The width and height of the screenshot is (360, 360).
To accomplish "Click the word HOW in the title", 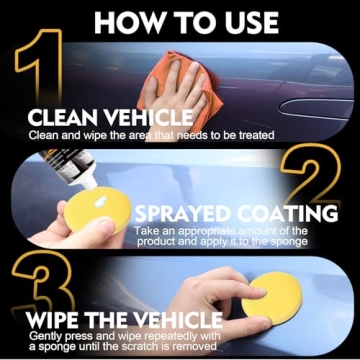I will coord(129,23).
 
